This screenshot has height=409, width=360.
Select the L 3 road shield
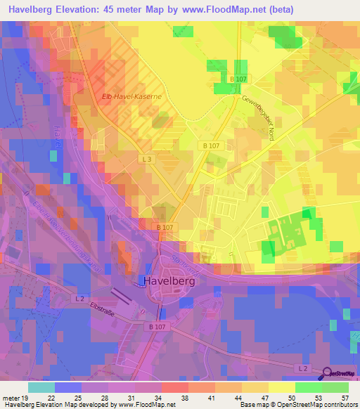tap(146, 160)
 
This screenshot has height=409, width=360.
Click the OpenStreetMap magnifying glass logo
tap(328, 374)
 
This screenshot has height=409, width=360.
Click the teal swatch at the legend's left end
tap(41, 387)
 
